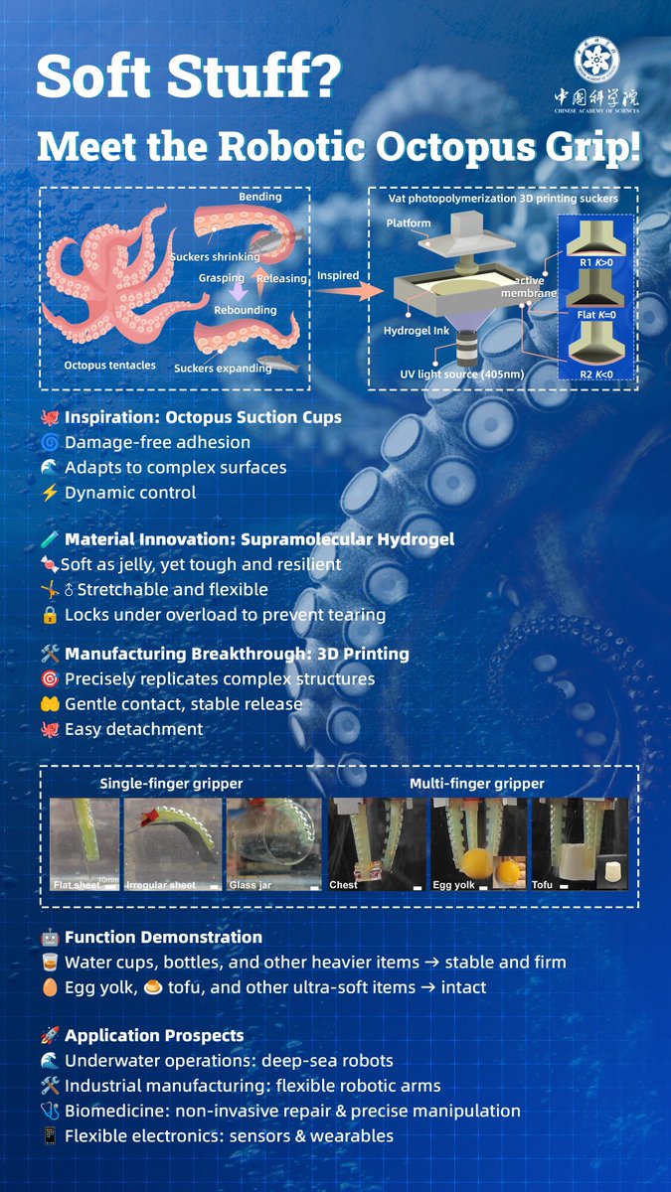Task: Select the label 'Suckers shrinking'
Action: pyautogui.click(x=215, y=257)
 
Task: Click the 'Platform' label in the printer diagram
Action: pyautogui.click(x=409, y=223)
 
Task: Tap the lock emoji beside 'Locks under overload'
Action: pyautogui.click(x=49, y=615)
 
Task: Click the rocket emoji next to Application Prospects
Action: pyautogui.click(x=49, y=1035)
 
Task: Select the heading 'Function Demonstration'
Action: pyautogui.click(x=163, y=937)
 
